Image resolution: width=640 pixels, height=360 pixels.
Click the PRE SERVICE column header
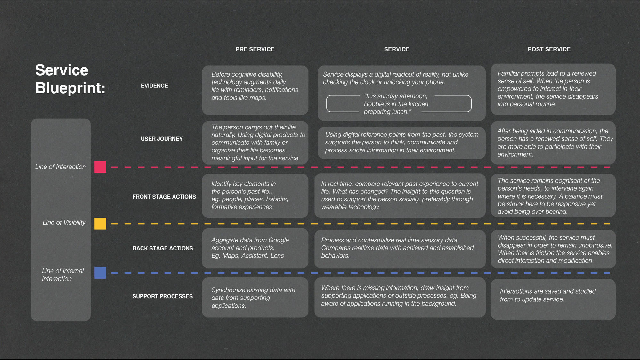(x=255, y=49)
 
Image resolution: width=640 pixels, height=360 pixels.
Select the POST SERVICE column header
(x=549, y=49)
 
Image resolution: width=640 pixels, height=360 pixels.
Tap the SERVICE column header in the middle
(x=397, y=49)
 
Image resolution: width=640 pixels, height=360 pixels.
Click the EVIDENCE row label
(x=154, y=86)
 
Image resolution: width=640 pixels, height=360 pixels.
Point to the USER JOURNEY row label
(x=162, y=139)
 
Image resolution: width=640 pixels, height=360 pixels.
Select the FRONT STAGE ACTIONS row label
(x=164, y=197)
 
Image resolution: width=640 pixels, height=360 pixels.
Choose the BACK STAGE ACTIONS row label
(x=163, y=248)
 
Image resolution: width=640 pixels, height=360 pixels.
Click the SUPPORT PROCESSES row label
(x=162, y=296)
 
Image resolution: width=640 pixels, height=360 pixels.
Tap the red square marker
(x=100, y=167)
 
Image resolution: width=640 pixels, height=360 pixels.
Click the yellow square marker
(x=100, y=224)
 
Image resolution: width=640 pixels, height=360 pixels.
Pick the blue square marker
(x=100, y=273)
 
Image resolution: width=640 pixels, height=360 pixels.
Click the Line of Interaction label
(x=61, y=167)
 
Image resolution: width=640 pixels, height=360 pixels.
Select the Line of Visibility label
(x=64, y=223)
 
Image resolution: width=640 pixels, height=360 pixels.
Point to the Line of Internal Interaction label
(x=63, y=275)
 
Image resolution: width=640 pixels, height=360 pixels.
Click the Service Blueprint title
(x=70, y=79)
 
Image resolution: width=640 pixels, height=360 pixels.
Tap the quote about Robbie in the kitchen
(x=396, y=104)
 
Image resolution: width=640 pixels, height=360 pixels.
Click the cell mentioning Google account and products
(x=255, y=248)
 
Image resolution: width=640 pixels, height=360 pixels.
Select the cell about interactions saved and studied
(x=553, y=299)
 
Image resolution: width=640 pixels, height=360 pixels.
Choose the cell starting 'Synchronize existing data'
(x=255, y=298)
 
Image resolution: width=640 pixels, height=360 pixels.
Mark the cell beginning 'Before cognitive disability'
(x=255, y=90)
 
